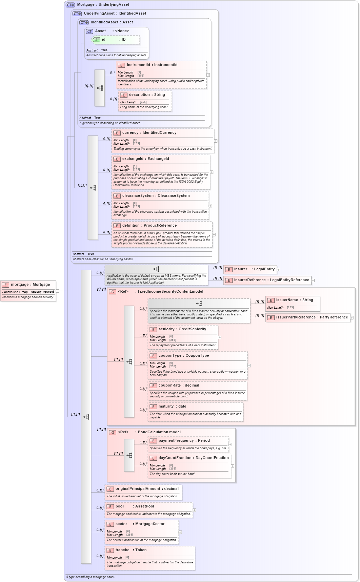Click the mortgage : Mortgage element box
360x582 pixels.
coord(30,285)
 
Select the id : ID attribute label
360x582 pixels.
coord(114,40)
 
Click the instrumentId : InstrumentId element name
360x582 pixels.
coord(152,65)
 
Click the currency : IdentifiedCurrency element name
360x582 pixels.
coord(149,133)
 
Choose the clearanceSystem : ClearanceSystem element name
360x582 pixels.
coord(156,196)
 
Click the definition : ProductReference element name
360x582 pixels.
coord(149,226)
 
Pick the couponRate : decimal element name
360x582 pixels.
coord(179,386)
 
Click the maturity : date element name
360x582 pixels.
coord(172,407)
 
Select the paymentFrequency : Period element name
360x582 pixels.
coord(184,441)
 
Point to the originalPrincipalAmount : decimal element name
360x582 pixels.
coord(147,489)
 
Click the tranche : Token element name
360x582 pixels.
coord(131,550)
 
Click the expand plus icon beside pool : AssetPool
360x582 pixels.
coord(195,510)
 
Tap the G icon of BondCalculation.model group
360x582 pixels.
coord(113,433)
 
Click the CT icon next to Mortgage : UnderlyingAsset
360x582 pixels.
coord(70,5)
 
